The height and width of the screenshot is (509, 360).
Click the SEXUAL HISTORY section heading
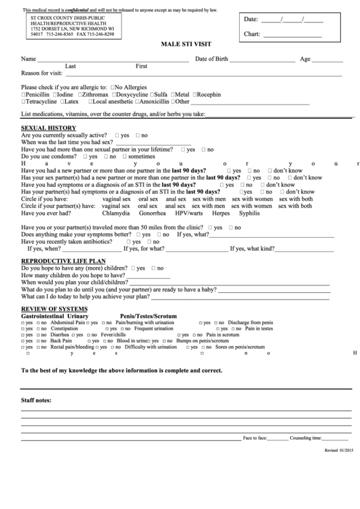tap(48, 128)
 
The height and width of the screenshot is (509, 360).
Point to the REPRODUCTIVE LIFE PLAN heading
tap(63, 260)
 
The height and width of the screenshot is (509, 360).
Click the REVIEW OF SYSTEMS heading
tap(54, 309)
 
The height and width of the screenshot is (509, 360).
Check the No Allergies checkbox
tap(112, 88)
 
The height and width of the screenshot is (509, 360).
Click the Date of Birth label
tap(212, 59)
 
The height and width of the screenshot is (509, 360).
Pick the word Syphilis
tap(249, 213)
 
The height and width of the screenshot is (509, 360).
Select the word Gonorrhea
tap(152, 213)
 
